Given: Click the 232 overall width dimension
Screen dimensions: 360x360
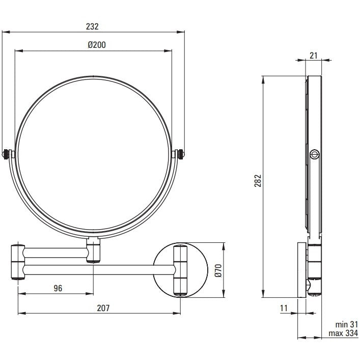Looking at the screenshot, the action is pyautogui.click(x=92, y=26).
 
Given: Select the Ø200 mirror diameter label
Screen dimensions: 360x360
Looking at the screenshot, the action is pyautogui.click(x=97, y=45).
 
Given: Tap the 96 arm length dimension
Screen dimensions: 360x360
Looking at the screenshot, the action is pyautogui.click(x=58, y=288).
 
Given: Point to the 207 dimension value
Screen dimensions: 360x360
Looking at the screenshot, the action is pyautogui.click(x=103, y=308).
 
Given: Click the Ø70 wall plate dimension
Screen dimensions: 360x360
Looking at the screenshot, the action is pyautogui.click(x=219, y=270).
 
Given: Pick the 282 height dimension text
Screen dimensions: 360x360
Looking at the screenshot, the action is pyautogui.click(x=258, y=181).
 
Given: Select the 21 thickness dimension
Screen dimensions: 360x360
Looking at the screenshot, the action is pyautogui.click(x=313, y=56).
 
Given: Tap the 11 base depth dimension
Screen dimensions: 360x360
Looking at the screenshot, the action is pyautogui.click(x=284, y=308).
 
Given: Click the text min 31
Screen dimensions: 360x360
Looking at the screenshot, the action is pyautogui.click(x=347, y=324).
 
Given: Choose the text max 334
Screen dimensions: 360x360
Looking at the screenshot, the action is pyautogui.click(x=343, y=333).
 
